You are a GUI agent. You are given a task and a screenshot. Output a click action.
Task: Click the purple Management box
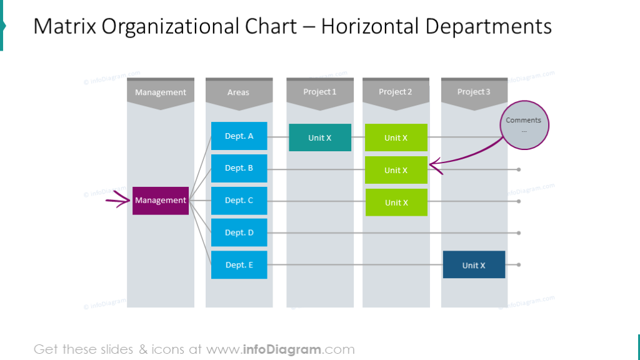pos(161,201)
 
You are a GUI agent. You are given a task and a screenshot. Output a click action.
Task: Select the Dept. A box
pos(239,136)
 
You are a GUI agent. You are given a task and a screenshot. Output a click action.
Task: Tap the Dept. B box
pos(239,168)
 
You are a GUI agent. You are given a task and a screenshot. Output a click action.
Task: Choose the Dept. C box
pos(239,201)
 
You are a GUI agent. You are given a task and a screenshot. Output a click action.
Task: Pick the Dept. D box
pos(239,232)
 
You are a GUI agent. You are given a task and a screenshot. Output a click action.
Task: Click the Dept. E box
pos(239,265)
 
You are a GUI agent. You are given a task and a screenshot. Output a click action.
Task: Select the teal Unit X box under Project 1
pos(320,137)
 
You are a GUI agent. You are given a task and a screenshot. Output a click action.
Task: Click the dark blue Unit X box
pos(474,265)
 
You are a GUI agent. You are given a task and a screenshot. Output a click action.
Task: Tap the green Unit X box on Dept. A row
pos(396,137)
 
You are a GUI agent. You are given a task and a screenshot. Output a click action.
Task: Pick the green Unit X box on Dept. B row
pos(396,170)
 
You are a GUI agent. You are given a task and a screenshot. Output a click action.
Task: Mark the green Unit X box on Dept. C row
pos(396,202)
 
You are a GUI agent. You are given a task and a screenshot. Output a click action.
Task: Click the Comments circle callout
pos(524,125)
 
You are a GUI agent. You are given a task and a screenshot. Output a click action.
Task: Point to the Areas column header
pos(238,92)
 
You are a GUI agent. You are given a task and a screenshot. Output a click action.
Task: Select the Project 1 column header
pos(320,92)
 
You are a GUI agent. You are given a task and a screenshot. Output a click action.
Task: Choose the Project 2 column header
pos(396,92)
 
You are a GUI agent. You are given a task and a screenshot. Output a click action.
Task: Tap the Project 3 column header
pos(474,92)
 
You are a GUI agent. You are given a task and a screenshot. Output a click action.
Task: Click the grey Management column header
pos(161,92)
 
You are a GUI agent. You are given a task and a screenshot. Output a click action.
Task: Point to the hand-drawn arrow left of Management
pos(116,201)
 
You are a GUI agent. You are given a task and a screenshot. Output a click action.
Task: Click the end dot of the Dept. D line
pos(519,232)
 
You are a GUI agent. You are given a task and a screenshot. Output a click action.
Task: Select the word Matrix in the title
pos(64,26)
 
